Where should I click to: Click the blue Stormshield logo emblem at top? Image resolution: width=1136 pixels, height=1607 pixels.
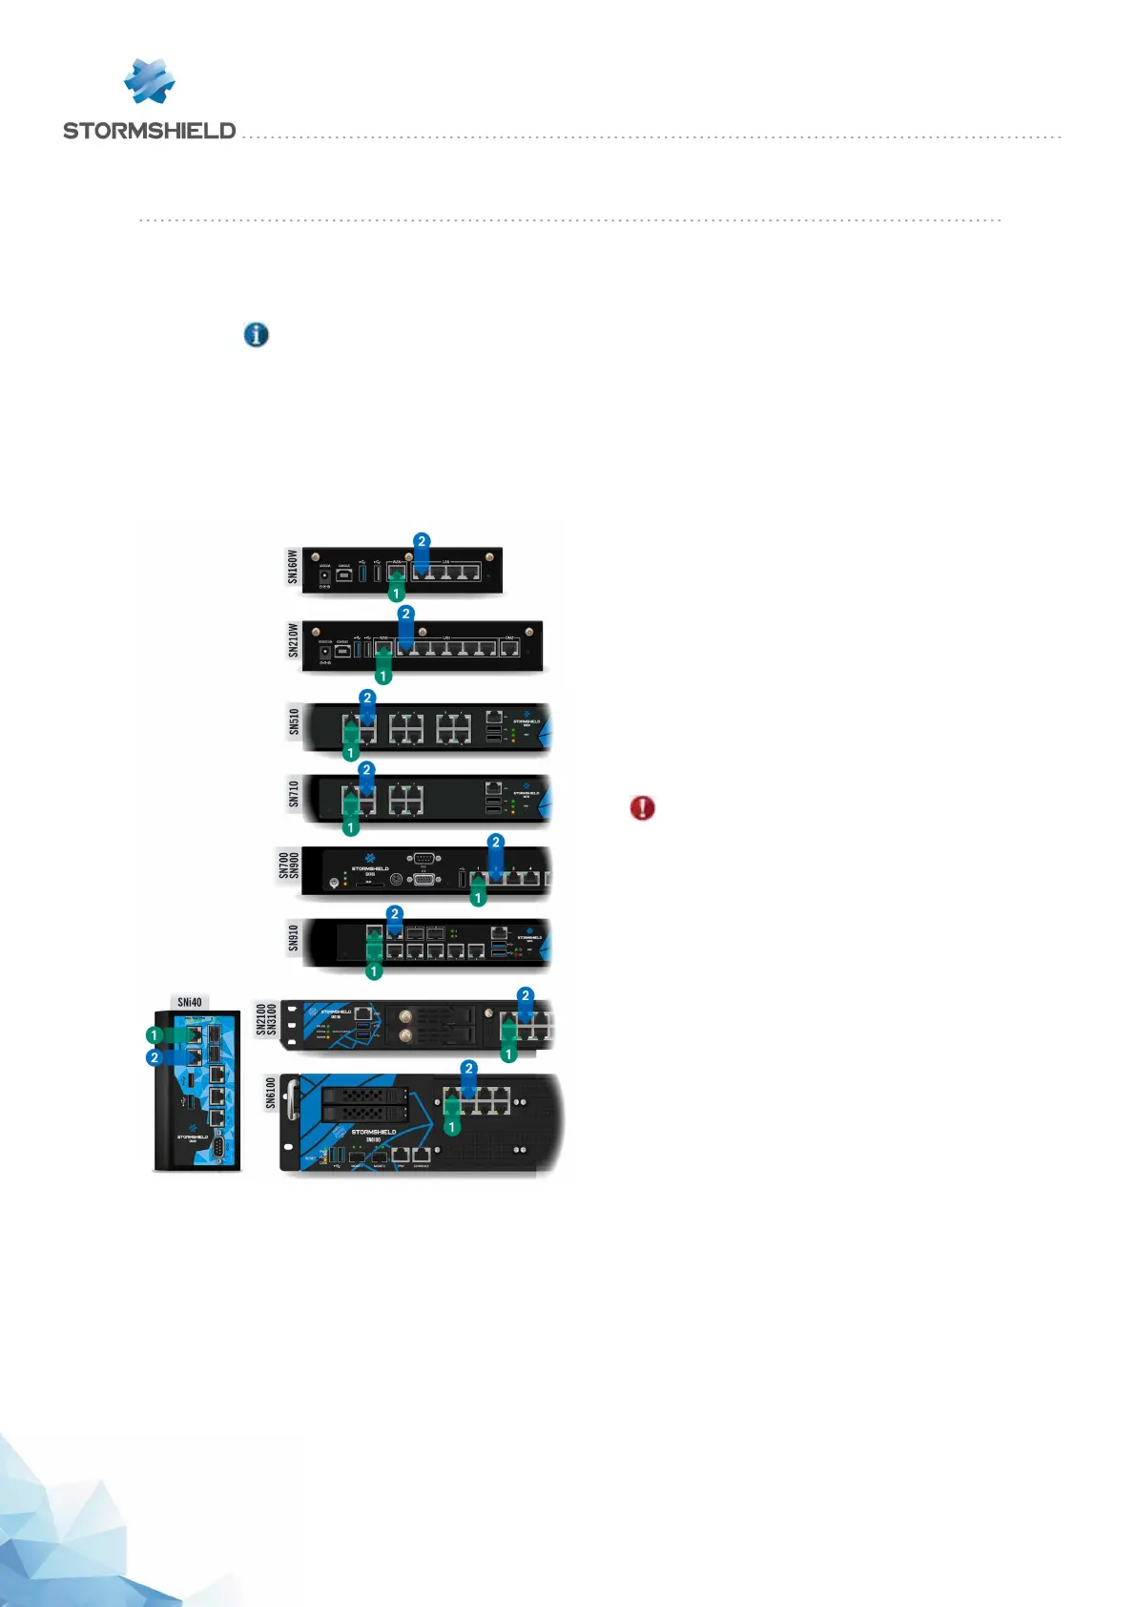click(x=150, y=81)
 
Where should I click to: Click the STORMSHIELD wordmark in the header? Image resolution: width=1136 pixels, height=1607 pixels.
click(x=149, y=131)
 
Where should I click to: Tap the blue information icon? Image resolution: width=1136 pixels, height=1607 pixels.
click(x=256, y=335)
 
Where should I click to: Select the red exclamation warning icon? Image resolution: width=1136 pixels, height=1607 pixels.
click(x=643, y=808)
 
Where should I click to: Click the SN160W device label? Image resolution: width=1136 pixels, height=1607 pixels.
click(x=293, y=567)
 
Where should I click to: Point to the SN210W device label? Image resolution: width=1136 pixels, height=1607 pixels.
click(x=293, y=640)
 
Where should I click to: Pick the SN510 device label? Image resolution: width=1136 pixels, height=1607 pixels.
click(x=294, y=722)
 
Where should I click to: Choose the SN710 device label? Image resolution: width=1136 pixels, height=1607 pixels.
click(x=294, y=794)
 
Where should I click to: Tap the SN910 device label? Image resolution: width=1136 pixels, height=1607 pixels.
click(x=293, y=938)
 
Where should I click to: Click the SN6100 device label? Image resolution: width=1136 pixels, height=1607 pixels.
click(x=270, y=1094)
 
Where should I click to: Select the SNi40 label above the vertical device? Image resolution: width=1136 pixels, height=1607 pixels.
click(x=190, y=1002)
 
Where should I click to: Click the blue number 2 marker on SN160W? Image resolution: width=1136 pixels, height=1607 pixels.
click(x=422, y=541)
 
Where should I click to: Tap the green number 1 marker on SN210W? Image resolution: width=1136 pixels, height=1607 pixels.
click(x=383, y=677)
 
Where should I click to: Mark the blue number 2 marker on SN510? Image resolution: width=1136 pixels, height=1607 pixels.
click(x=367, y=699)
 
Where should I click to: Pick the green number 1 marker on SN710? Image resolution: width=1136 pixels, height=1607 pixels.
click(x=351, y=827)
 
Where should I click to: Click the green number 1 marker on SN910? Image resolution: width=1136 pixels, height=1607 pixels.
click(x=374, y=971)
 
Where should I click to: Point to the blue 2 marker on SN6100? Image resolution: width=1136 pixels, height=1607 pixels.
click(x=468, y=1069)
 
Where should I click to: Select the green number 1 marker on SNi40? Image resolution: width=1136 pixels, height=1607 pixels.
click(x=154, y=1035)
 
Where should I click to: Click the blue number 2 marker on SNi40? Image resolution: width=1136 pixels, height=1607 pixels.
click(x=154, y=1058)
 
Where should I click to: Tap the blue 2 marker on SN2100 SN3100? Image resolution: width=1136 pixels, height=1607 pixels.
click(x=525, y=995)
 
